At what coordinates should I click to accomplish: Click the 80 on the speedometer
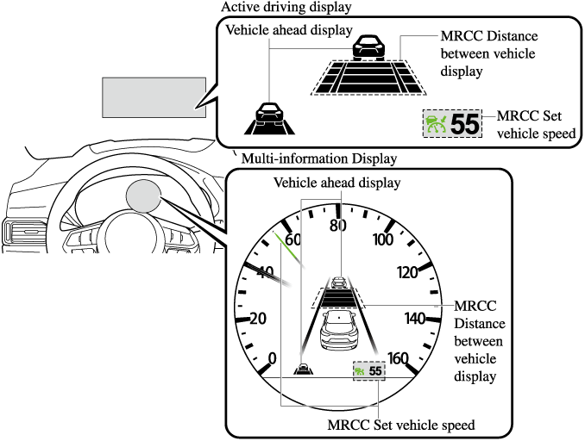(x=337, y=226)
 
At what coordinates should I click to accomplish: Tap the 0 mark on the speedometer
(x=273, y=358)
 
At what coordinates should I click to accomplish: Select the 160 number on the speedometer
(x=399, y=358)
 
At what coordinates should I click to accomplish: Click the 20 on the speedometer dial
(x=258, y=318)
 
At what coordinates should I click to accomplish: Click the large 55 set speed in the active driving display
(x=465, y=124)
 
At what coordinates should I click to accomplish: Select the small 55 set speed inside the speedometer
(x=374, y=370)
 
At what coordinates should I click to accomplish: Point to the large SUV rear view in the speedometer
(x=339, y=331)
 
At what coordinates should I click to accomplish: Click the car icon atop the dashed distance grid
(x=368, y=45)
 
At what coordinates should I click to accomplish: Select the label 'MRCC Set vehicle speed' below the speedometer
(x=401, y=425)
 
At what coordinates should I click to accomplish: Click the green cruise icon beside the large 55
(x=437, y=124)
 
